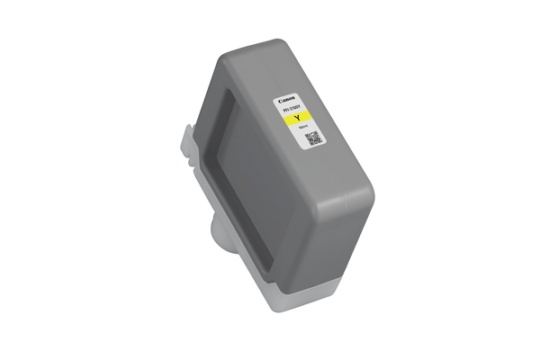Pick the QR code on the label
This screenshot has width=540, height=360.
pos(312,139)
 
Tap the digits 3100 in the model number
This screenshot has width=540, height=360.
pos(295,109)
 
